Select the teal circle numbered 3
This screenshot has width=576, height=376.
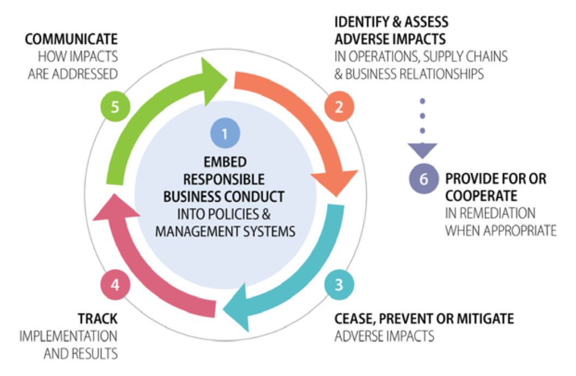339,284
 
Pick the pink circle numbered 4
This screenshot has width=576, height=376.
114,284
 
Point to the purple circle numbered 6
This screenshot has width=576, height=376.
423,179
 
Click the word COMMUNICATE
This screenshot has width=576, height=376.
71,39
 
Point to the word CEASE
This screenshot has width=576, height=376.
353,318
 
